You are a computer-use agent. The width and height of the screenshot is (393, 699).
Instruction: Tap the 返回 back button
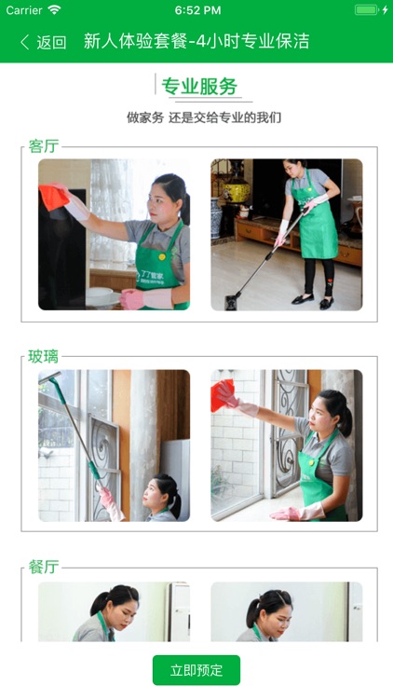43,42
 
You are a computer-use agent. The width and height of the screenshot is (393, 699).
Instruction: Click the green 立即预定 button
196,670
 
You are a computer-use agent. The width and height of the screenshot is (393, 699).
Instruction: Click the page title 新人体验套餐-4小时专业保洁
196,42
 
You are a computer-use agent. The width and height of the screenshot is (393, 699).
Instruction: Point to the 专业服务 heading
199,87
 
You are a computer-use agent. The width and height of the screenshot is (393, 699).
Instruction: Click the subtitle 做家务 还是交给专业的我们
204,117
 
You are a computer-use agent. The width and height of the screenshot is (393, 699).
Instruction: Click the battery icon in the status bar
367,10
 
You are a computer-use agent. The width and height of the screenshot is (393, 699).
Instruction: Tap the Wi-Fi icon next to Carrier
54,10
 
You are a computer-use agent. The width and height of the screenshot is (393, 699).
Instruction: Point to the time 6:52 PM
197,10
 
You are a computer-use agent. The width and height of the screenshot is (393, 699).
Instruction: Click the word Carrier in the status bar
24,10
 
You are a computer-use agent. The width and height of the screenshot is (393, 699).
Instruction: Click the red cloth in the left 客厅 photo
54,197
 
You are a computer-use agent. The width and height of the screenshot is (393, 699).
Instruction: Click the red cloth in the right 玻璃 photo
224,396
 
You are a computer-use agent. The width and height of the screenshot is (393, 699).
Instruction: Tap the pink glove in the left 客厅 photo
135,298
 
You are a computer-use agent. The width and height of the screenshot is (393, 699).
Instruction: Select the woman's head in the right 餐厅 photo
268,606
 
